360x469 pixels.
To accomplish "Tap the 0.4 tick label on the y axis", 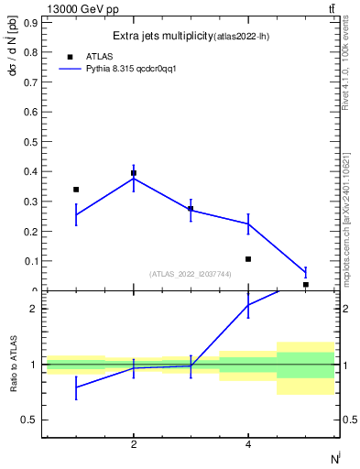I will [x=29, y=172].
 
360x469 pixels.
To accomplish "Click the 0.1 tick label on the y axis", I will [x=29, y=261].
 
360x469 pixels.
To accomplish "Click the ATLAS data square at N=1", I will [x=76, y=190].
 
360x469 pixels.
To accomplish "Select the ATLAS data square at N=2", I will [x=134, y=173].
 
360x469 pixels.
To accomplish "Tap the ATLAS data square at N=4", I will [x=248, y=259].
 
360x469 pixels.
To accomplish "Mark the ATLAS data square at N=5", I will [x=305, y=285].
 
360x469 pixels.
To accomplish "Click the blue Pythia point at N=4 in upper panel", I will [x=248, y=224].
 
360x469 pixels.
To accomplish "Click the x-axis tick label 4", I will [x=248, y=444].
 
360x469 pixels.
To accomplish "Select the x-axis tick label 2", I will [x=134, y=444].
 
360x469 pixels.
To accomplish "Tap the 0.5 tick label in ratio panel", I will [x=29, y=420].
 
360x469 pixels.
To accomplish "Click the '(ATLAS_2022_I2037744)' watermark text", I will [x=190, y=274].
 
